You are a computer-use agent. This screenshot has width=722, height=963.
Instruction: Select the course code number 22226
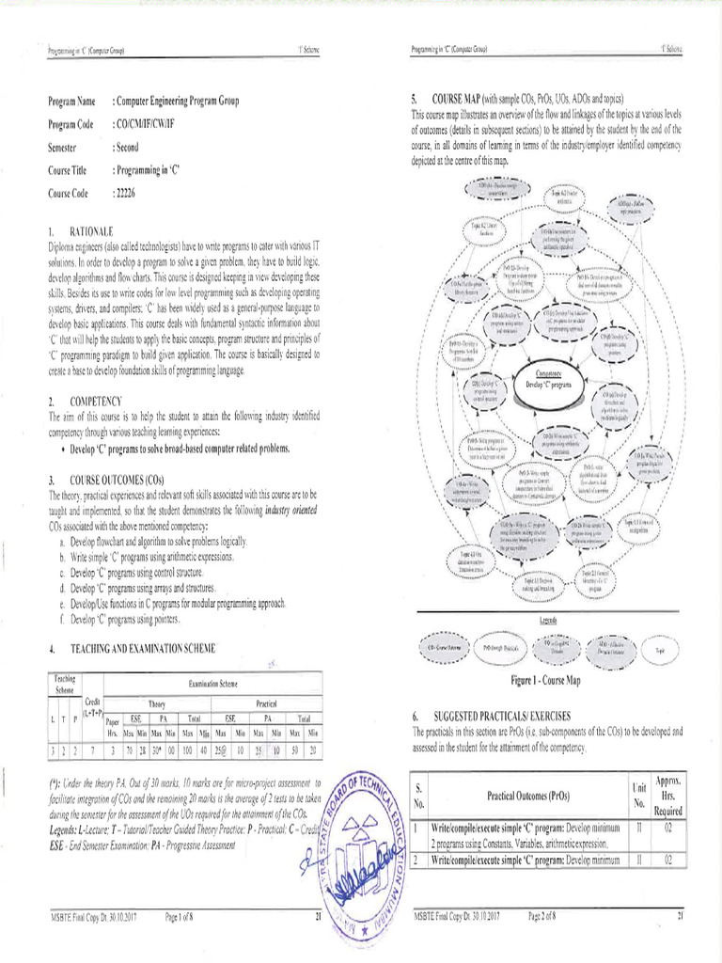(x=126, y=193)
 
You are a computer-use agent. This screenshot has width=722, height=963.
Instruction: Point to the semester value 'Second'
(x=130, y=148)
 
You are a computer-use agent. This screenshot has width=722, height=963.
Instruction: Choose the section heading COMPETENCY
(x=96, y=401)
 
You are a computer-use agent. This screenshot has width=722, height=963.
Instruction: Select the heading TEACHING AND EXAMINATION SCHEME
(x=143, y=648)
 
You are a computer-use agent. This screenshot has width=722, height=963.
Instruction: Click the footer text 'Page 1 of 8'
(x=185, y=915)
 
